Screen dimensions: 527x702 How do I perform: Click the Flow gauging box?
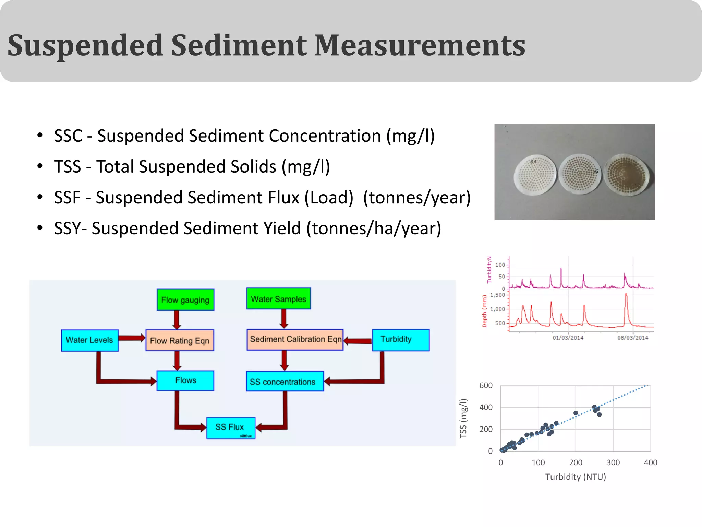(x=185, y=300)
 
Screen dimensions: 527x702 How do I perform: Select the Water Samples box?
(x=278, y=299)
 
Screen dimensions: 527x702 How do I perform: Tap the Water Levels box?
(x=89, y=340)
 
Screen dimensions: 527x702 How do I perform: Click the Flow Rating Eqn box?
(x=180, y=340)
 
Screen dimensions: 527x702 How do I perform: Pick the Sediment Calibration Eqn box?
(x=295, y=340)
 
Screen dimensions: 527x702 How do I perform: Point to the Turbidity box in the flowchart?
(x=400, y=340)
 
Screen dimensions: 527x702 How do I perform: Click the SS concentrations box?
(x=285, y=382)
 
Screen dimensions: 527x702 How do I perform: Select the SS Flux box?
(x=231, y=428)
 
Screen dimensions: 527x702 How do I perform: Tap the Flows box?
(x=185, y=380)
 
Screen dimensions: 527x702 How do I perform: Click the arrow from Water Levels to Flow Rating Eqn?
(x=132, y=338)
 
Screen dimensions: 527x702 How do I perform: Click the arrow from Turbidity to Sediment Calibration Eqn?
(x=358, y=341)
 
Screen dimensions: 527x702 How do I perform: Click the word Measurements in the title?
(x=420, y=45)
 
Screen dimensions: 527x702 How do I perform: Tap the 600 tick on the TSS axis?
(x=486, y=386)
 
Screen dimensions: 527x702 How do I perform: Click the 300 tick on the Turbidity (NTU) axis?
(x=613, y=462)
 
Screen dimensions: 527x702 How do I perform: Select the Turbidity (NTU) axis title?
(x=576, y=477)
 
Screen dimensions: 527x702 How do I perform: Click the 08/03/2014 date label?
(x=632, y=338)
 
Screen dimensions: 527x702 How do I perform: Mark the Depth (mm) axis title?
(x=484, y=311)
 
